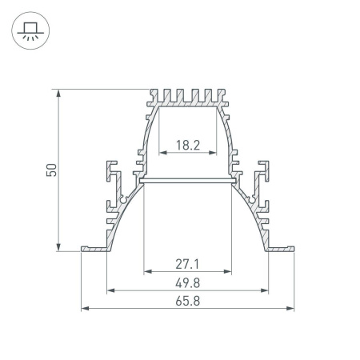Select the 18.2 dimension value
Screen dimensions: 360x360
click(x=187, y=145)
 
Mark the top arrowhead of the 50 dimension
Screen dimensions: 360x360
click(x=59, y=94)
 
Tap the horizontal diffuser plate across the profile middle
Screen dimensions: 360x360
click(x=187, y=182)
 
